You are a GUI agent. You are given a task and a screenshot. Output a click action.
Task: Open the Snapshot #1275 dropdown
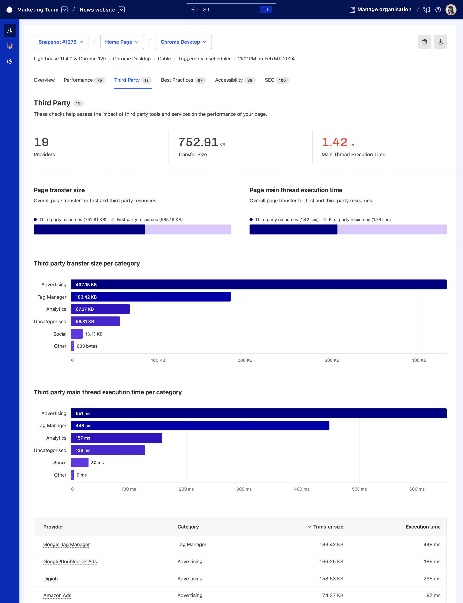pyautogui.click(x=61, y=42)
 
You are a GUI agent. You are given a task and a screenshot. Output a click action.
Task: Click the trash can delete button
pyautogui.click(x=424, y=42)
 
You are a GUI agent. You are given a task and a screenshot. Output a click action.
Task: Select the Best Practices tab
pyautogui.click(x=183, y=80)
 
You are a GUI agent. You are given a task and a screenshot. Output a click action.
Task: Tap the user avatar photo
pyautogui.click(x=451, y=10)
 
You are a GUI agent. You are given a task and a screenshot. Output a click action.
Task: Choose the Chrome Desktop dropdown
pyautogui.click(x=184, y=42)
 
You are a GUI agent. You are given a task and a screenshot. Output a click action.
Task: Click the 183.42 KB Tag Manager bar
pyautogui.click(x=151, y=297)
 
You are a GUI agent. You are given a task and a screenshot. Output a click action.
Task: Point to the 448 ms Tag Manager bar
pyautogui.click(x=200, y=425)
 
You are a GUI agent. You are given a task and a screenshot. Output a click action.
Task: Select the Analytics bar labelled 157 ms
pyautogui.click(x=116, y=438)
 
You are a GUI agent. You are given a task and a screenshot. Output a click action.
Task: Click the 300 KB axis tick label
pyautogui.click(x=332, y=360)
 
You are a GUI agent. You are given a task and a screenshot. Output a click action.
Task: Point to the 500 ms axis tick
pyautogui.click(x=359, y=489)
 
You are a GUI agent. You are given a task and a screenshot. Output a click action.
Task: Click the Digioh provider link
pyautogui.click(x=50, y=579)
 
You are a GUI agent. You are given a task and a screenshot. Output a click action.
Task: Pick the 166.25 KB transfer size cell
pyautogui.click(x=331, y=562)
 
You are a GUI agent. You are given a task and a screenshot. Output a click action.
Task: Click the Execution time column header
pyautogui.click(x=423, y=527)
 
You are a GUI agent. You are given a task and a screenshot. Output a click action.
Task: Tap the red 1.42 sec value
pyautogui.click(x=335, y=142)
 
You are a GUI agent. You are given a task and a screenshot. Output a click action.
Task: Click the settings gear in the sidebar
pyautogui.click(x=10, y=61)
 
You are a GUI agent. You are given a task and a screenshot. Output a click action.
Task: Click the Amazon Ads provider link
pyautogui.click(x=57, y=595)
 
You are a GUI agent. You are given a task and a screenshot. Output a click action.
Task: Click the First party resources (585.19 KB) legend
pyautogui.click(x=149, y=220)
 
